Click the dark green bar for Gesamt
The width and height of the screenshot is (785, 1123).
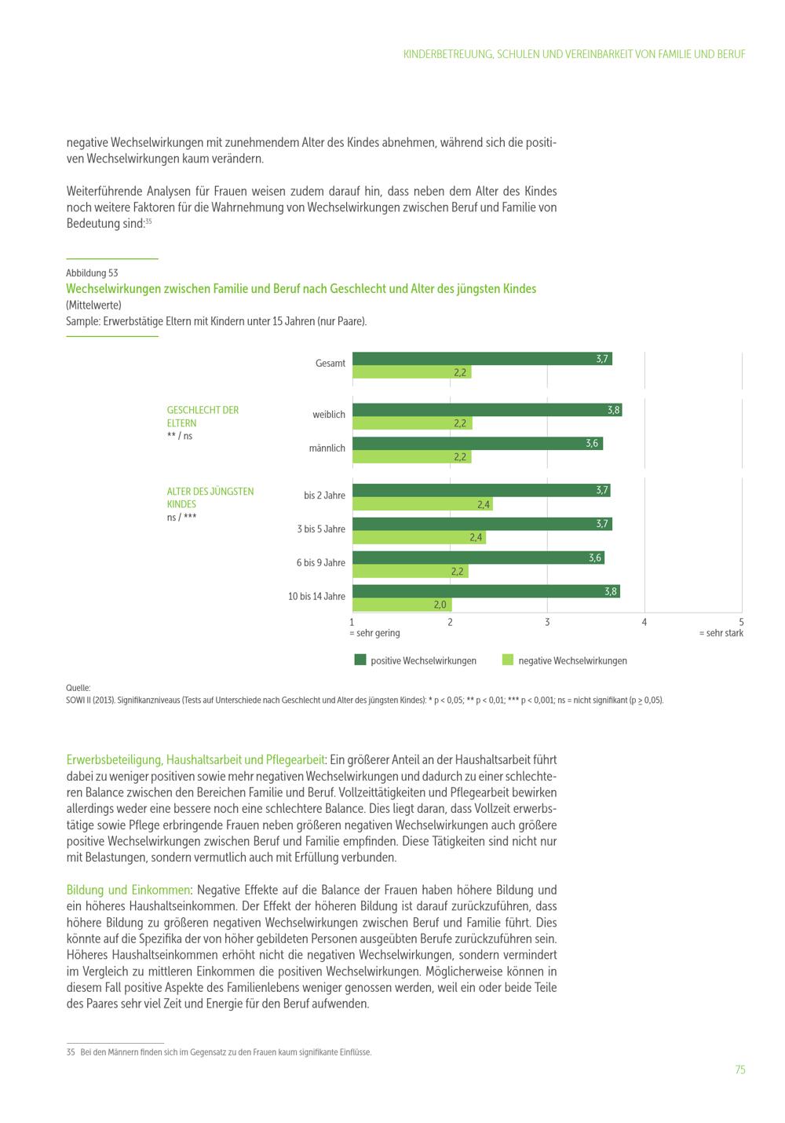pos(481,359)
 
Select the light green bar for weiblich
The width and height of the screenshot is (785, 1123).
pos(411,423)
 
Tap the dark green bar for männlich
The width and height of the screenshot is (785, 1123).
pos(476,444)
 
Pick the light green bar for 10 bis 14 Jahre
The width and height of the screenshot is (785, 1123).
pos(401,605)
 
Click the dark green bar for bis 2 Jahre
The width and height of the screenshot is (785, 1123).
pos(480,491)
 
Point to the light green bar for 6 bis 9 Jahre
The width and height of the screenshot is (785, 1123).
pos(410,572)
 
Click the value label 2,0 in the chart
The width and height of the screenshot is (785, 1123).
pos(440,605)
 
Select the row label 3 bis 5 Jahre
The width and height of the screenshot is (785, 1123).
pos(321,529)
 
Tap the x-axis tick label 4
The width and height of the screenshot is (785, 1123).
pos(644,622)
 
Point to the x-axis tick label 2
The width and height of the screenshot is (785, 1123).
pos(450,622)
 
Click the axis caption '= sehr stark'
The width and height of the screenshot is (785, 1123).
pos(721,633)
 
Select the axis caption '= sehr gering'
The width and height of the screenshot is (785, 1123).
pos(374,633)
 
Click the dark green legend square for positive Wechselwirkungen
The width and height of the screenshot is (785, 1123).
pos(360,660)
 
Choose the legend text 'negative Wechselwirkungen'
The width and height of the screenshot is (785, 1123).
pos(572,661)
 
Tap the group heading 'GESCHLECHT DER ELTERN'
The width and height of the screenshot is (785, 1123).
pos(203,416)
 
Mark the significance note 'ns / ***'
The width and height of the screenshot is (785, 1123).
pos(181,518)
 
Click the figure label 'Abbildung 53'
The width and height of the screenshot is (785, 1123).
pos(92,273)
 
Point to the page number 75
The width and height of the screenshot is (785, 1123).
pos(739,1070)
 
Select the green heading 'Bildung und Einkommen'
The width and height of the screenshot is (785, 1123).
pos(129,890)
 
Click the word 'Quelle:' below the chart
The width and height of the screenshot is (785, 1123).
pos(78,688)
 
